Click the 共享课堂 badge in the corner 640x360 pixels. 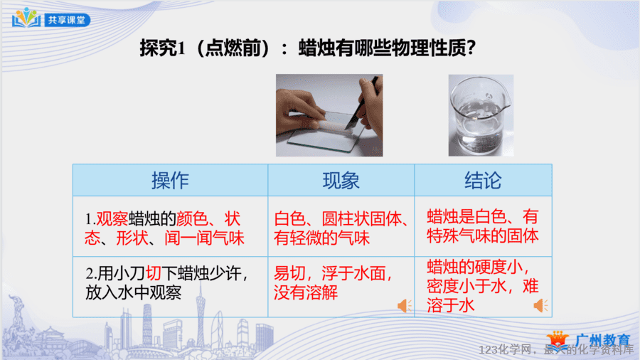pyautogui.click(x=67, y=20)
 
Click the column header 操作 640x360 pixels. pyautogui.click(x=170, y=181)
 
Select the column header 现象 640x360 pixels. pyautogui.click(x=341, y=181)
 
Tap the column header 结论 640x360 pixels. pyautogui.click(x=484, y=181)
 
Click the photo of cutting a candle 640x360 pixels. pyautogui.click(x=329, y=115)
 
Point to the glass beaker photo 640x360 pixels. pyautogui.click(x=481, y=115)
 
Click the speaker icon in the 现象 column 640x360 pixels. pyautogui.click(x=405, y=306)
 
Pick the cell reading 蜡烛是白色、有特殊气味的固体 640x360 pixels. pyautogui.click(x=484, y=226)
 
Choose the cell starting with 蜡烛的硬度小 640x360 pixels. pyautogui.click(x=484, y=287)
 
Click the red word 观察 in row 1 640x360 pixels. pyautogui.click(x=112, y=219)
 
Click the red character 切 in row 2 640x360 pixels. pyautogui.click(x=154, y=273)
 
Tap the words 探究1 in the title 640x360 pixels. pyautogui.click(x=163, y=48)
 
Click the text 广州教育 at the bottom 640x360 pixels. pyautogui.click(x=602, y=340)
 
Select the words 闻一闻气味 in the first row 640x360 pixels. pyautogui.click(x=205, y=238)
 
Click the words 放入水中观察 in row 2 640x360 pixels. pyautogui.click(x=134, y=292)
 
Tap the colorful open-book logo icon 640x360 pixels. pyautogui.click(x=26, y=18)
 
